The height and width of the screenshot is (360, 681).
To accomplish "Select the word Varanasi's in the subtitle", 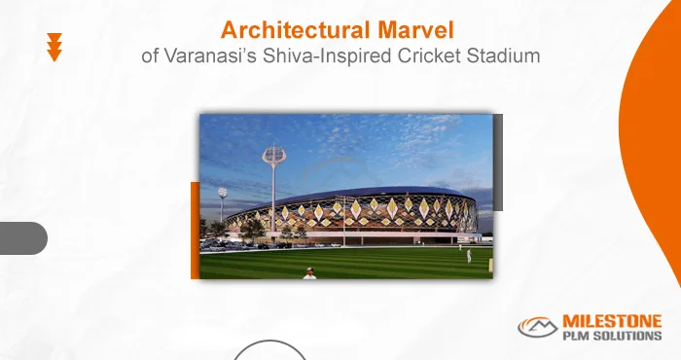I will point(204,55).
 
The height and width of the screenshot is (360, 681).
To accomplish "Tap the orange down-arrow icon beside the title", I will point(54,48).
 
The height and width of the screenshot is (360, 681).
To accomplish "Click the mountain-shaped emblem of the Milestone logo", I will point(538,328).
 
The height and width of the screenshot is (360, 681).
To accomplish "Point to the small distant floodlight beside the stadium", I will point(222,193).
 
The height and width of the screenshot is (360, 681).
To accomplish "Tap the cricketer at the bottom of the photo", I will point(309,273).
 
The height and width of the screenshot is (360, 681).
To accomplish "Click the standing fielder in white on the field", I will point(469,255).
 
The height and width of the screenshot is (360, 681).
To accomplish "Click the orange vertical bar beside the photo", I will point(195,230).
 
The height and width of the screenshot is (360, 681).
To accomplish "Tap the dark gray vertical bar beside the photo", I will point(498,162).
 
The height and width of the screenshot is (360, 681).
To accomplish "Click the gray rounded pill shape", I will point(21,237).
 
